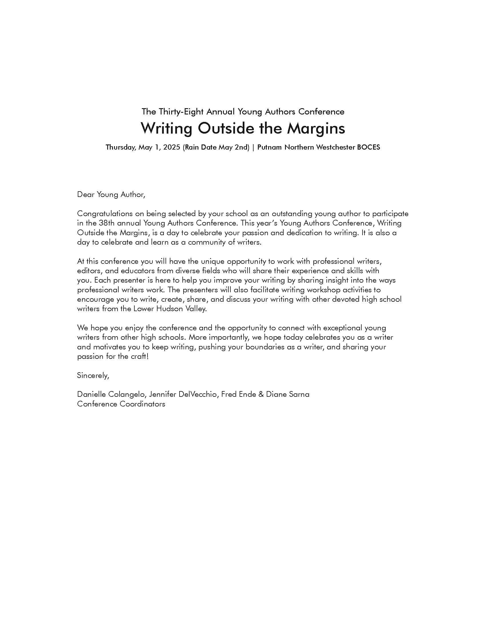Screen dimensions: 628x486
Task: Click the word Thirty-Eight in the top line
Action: coord(181,112)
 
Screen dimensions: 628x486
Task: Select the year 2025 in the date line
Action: coord(172,147)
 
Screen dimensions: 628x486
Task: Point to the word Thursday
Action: coord(121,147)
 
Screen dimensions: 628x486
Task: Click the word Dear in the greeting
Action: coord(86,195)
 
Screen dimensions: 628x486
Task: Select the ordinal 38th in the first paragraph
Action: coord(107,223)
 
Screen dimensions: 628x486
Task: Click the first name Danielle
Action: coord(91,394)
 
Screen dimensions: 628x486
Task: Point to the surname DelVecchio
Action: coord(198,394)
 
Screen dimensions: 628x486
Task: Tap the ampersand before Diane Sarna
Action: coord(261,394)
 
